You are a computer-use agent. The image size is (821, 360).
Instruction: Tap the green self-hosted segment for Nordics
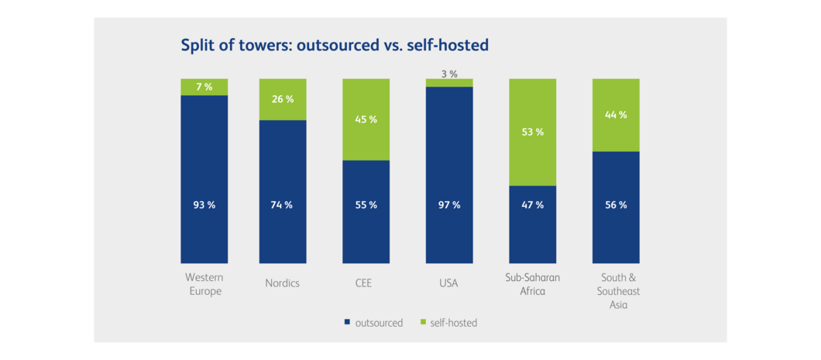pyautogui.click(x=283, y=99)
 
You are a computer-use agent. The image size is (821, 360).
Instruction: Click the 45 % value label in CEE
pyautogui.click(x=366, y=119)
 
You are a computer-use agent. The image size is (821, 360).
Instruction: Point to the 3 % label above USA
pyautogui.click(x=449, y=74)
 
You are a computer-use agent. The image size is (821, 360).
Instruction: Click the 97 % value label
pyautogui.click(x=449, y=205)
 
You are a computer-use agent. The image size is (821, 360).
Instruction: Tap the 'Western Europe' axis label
pyautogui.click(x=204, y=284)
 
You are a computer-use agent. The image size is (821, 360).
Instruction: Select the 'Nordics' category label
pyautogui.click(x=282, y=283)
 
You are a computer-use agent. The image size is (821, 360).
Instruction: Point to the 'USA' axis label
pyautogui.click(x=448, y=283)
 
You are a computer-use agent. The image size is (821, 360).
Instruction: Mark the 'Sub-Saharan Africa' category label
pyautogui.click(x=533, y=284)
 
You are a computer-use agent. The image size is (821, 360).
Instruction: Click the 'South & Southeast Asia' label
pyautogui.click(x=617, y=290)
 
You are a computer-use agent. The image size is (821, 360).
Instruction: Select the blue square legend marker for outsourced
pyautogui.click(x=346, y=322)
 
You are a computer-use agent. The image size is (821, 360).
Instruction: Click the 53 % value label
pyautogui.click(x=533, y=132)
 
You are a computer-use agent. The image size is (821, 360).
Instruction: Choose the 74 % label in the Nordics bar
pyautogui.click(x=283, y=205)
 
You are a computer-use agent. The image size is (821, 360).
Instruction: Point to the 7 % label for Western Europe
pyautogui.click(x=204, y=87)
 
